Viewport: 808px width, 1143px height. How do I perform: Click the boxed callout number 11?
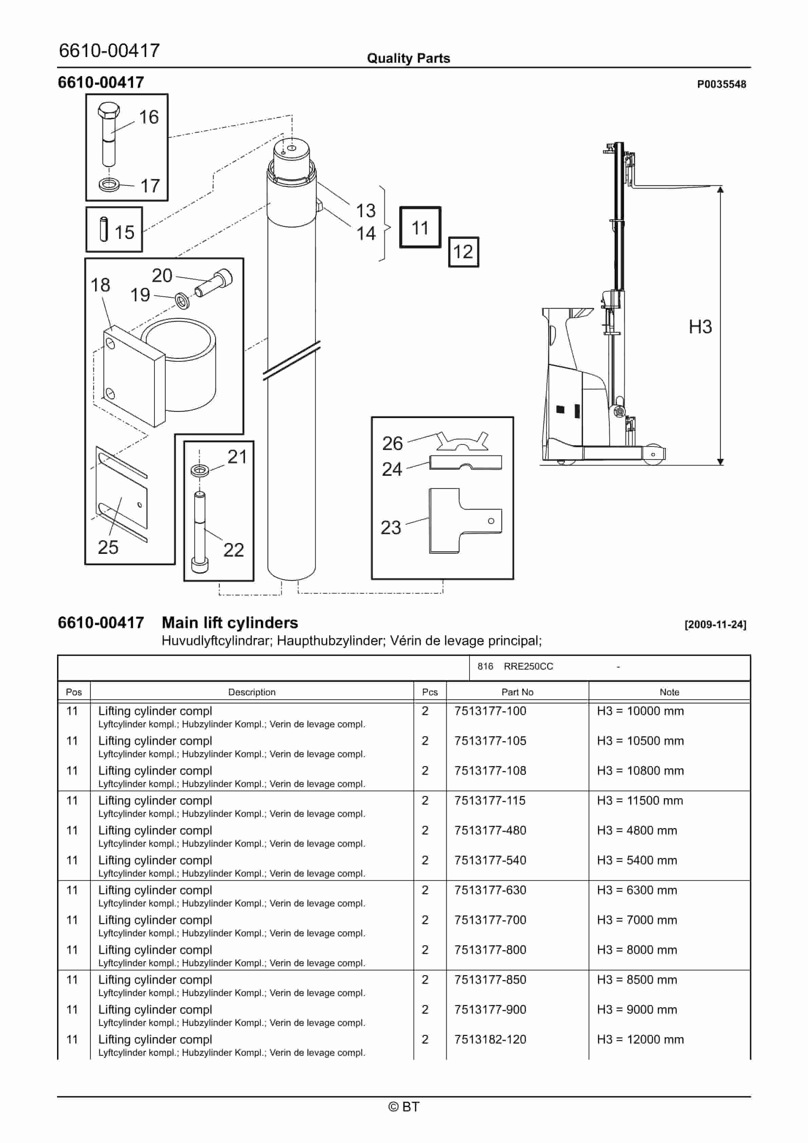click(420, 227)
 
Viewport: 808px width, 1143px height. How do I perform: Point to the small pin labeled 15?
click(104, 229)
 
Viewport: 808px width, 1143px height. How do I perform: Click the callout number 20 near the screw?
click(162, 275)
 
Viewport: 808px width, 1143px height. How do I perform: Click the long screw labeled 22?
click(200, 533)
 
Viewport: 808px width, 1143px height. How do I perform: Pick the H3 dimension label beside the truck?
click(700, 327)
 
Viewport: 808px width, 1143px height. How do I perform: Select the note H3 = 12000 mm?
click(640, 1039)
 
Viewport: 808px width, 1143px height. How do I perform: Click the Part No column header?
click(517, 692)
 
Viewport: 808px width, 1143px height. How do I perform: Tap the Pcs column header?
click(429, 692)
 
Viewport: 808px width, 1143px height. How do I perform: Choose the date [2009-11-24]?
click(715, 624)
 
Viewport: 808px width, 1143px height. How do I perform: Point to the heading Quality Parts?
click(408, 58)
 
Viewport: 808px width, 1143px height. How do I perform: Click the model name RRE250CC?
click(528, 667)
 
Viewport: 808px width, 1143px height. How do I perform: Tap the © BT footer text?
click(404, 1107)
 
